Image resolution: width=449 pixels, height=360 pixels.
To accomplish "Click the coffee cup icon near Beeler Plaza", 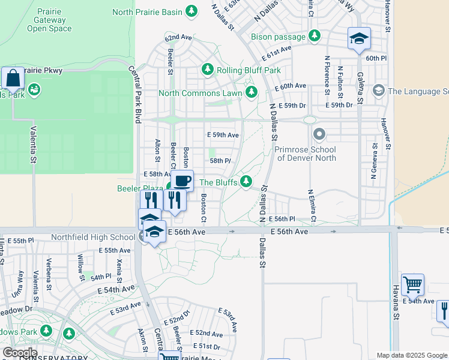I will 182,180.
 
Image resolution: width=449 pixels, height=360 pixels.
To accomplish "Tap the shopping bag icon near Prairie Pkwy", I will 12,78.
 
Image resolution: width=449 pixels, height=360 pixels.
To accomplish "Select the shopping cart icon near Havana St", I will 412,284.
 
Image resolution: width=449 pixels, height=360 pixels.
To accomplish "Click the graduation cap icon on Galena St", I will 359,39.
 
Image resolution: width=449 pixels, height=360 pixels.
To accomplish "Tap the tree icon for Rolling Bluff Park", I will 208,70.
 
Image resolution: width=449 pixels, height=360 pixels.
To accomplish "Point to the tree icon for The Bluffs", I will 246,182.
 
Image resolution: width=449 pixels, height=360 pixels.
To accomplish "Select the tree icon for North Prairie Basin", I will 191,11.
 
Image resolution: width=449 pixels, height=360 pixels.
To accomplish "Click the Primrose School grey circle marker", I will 319,134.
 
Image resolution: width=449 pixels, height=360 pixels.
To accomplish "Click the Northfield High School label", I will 94,237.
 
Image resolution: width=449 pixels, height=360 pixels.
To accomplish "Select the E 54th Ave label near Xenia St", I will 118,289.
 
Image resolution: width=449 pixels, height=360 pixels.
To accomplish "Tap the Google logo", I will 20,353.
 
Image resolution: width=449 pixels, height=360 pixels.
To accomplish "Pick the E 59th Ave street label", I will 222,135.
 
